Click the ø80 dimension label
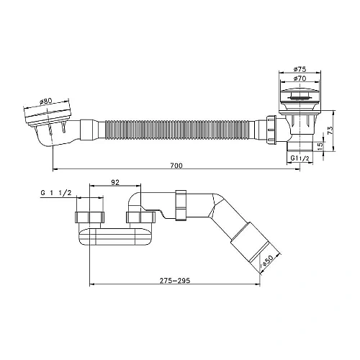45,102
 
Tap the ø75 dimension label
300,69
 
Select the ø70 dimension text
300,78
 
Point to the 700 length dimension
176,166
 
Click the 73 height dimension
330,130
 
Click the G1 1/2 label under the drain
299,158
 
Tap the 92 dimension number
115,182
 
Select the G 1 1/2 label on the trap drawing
56,193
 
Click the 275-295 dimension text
175,280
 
